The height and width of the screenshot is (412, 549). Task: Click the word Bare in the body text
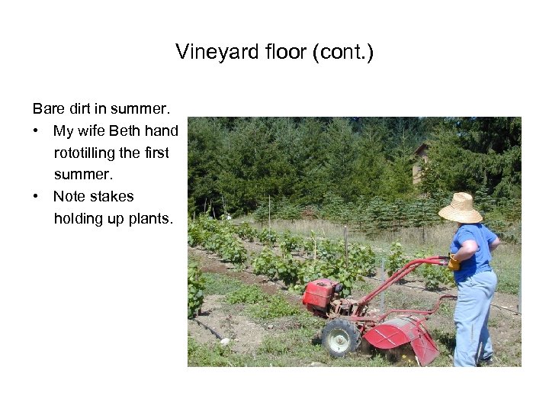(x=47, y=109)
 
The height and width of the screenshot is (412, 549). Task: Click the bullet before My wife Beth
(x=37, y=131)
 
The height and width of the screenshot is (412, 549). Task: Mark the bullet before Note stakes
(x=37, y=196)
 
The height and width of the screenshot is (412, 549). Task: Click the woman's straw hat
(x=461, y=208)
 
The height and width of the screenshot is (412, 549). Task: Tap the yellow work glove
(x=454, y=263)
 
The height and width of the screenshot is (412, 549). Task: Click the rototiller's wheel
(x=339, y=337)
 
